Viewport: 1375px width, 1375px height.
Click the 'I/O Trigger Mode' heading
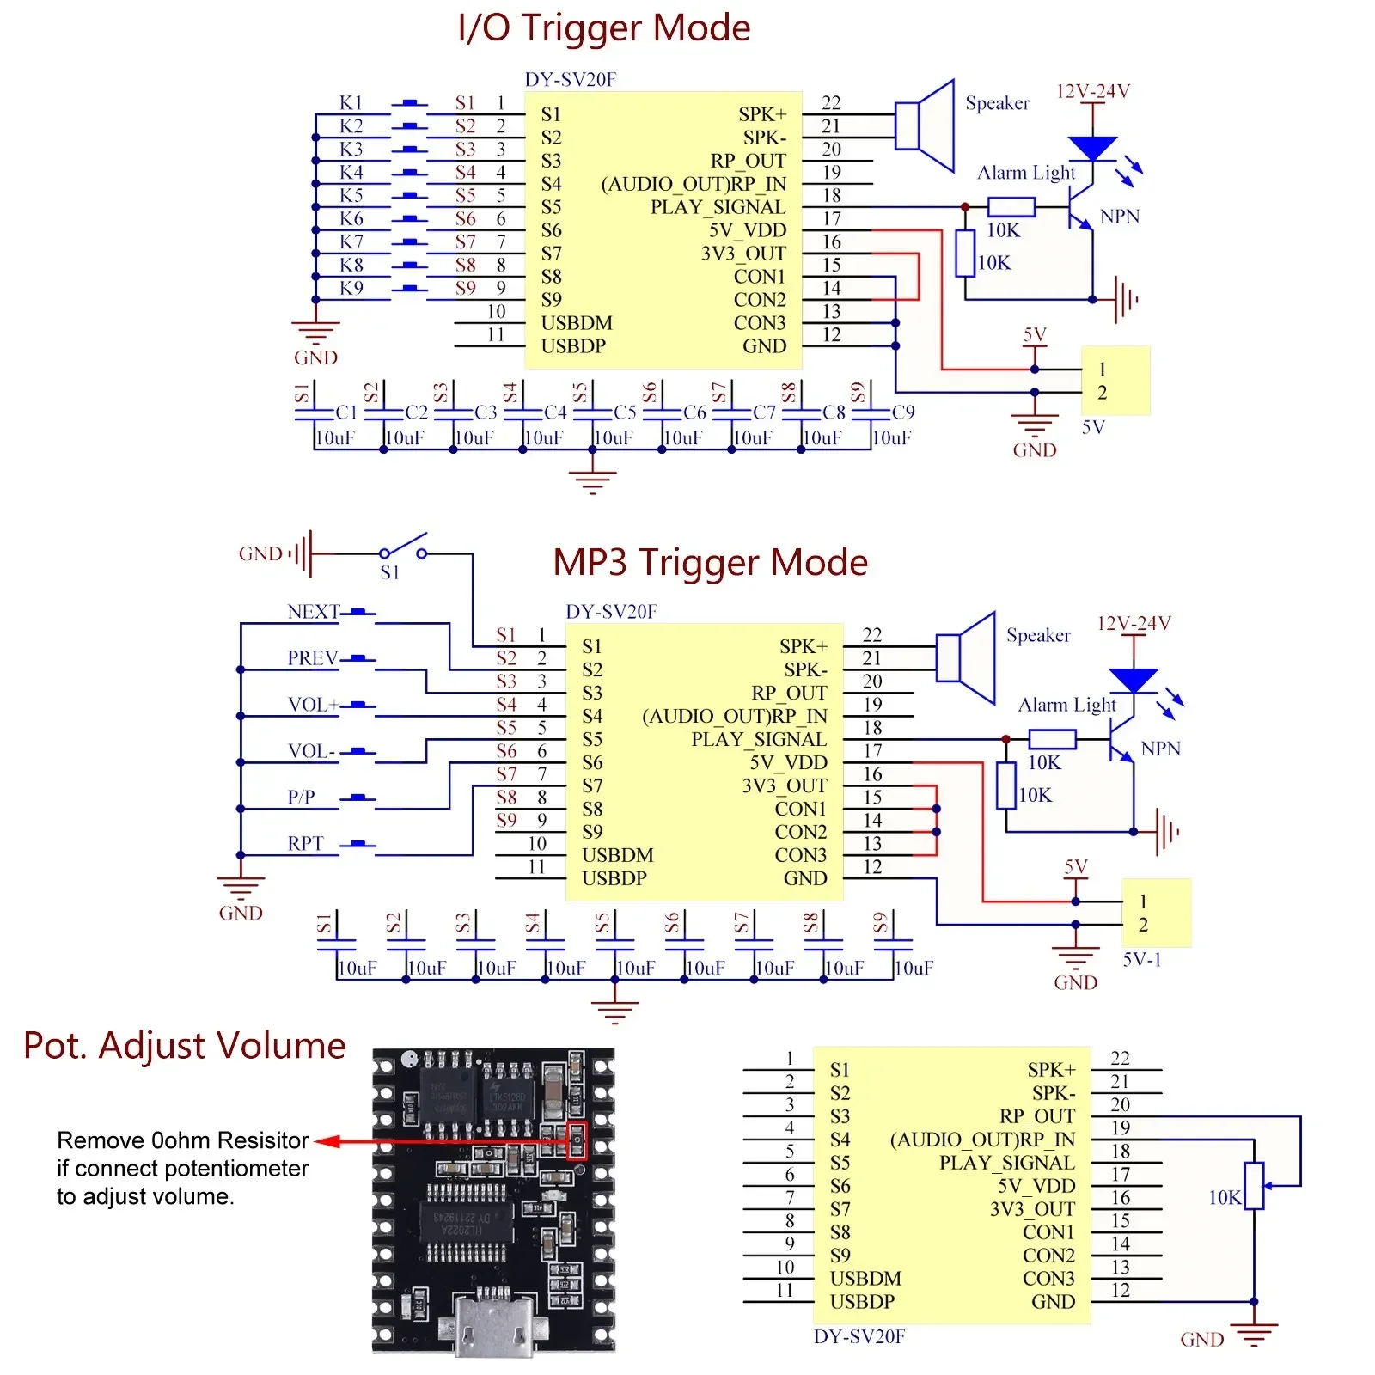click(604, 27)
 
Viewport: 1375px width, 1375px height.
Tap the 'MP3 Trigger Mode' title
click(710, 562)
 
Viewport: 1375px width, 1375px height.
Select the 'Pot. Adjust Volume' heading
click(185, 1045)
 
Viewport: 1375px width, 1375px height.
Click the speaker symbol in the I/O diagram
click(926, 126)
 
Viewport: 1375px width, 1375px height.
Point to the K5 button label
click(351, 195)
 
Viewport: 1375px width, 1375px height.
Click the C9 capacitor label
click(902, 412)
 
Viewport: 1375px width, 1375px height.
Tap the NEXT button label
click(313, 612)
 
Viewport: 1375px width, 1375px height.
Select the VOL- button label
click(311, 751)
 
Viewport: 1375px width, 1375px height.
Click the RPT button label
click(305, 844)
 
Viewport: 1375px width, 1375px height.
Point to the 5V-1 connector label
click(1141, 959)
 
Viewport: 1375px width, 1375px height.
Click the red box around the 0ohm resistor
click(577, 1141)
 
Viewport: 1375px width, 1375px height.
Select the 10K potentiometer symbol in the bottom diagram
click(1254, 1186)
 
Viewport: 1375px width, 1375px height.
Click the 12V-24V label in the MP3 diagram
click(1134, 623)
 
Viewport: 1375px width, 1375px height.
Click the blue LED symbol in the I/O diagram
click(1092, 149)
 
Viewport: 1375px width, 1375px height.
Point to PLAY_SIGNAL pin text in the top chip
click(718, 207)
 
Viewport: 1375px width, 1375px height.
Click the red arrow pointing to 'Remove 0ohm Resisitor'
click(331, 1141)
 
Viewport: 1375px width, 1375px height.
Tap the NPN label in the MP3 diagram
click(1160, 749)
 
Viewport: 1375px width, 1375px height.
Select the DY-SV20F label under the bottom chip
click(859, 1336)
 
